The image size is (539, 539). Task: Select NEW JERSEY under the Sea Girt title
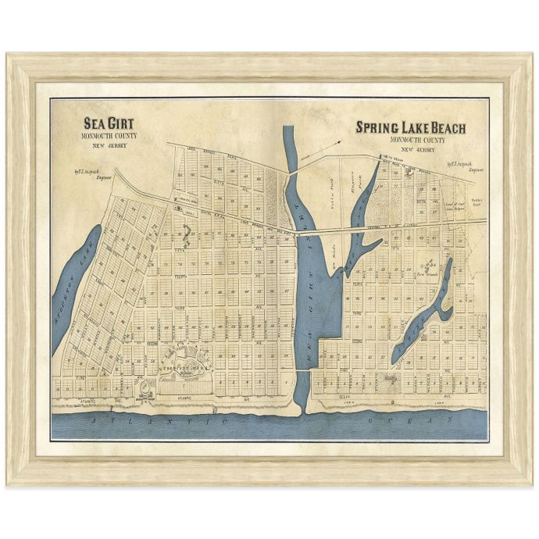click(108, 145)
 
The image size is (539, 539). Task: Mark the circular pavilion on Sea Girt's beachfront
click(145, 389)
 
